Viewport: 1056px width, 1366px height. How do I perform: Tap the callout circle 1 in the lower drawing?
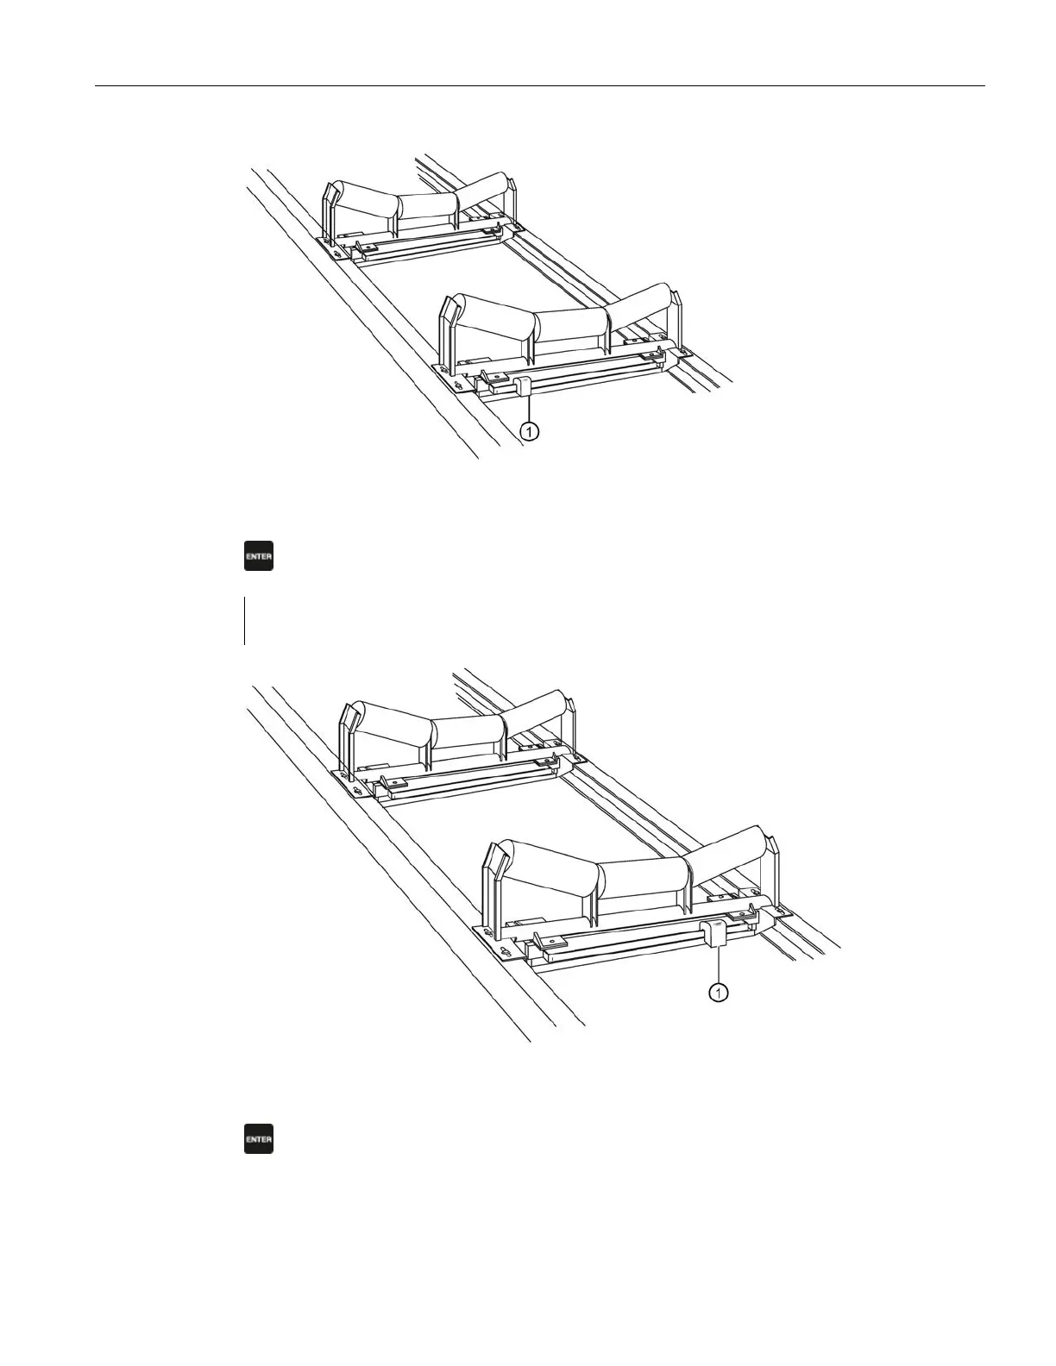pyautogui.click(x=718, y=993)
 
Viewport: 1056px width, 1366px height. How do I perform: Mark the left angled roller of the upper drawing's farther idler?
pyautogui.click(x=366, y=199)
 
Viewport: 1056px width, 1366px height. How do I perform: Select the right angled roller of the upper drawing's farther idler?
pyautogui.click(x=482, y=191)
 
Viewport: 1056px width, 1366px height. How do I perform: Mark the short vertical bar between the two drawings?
pyautogui.click(x=245, y=620)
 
